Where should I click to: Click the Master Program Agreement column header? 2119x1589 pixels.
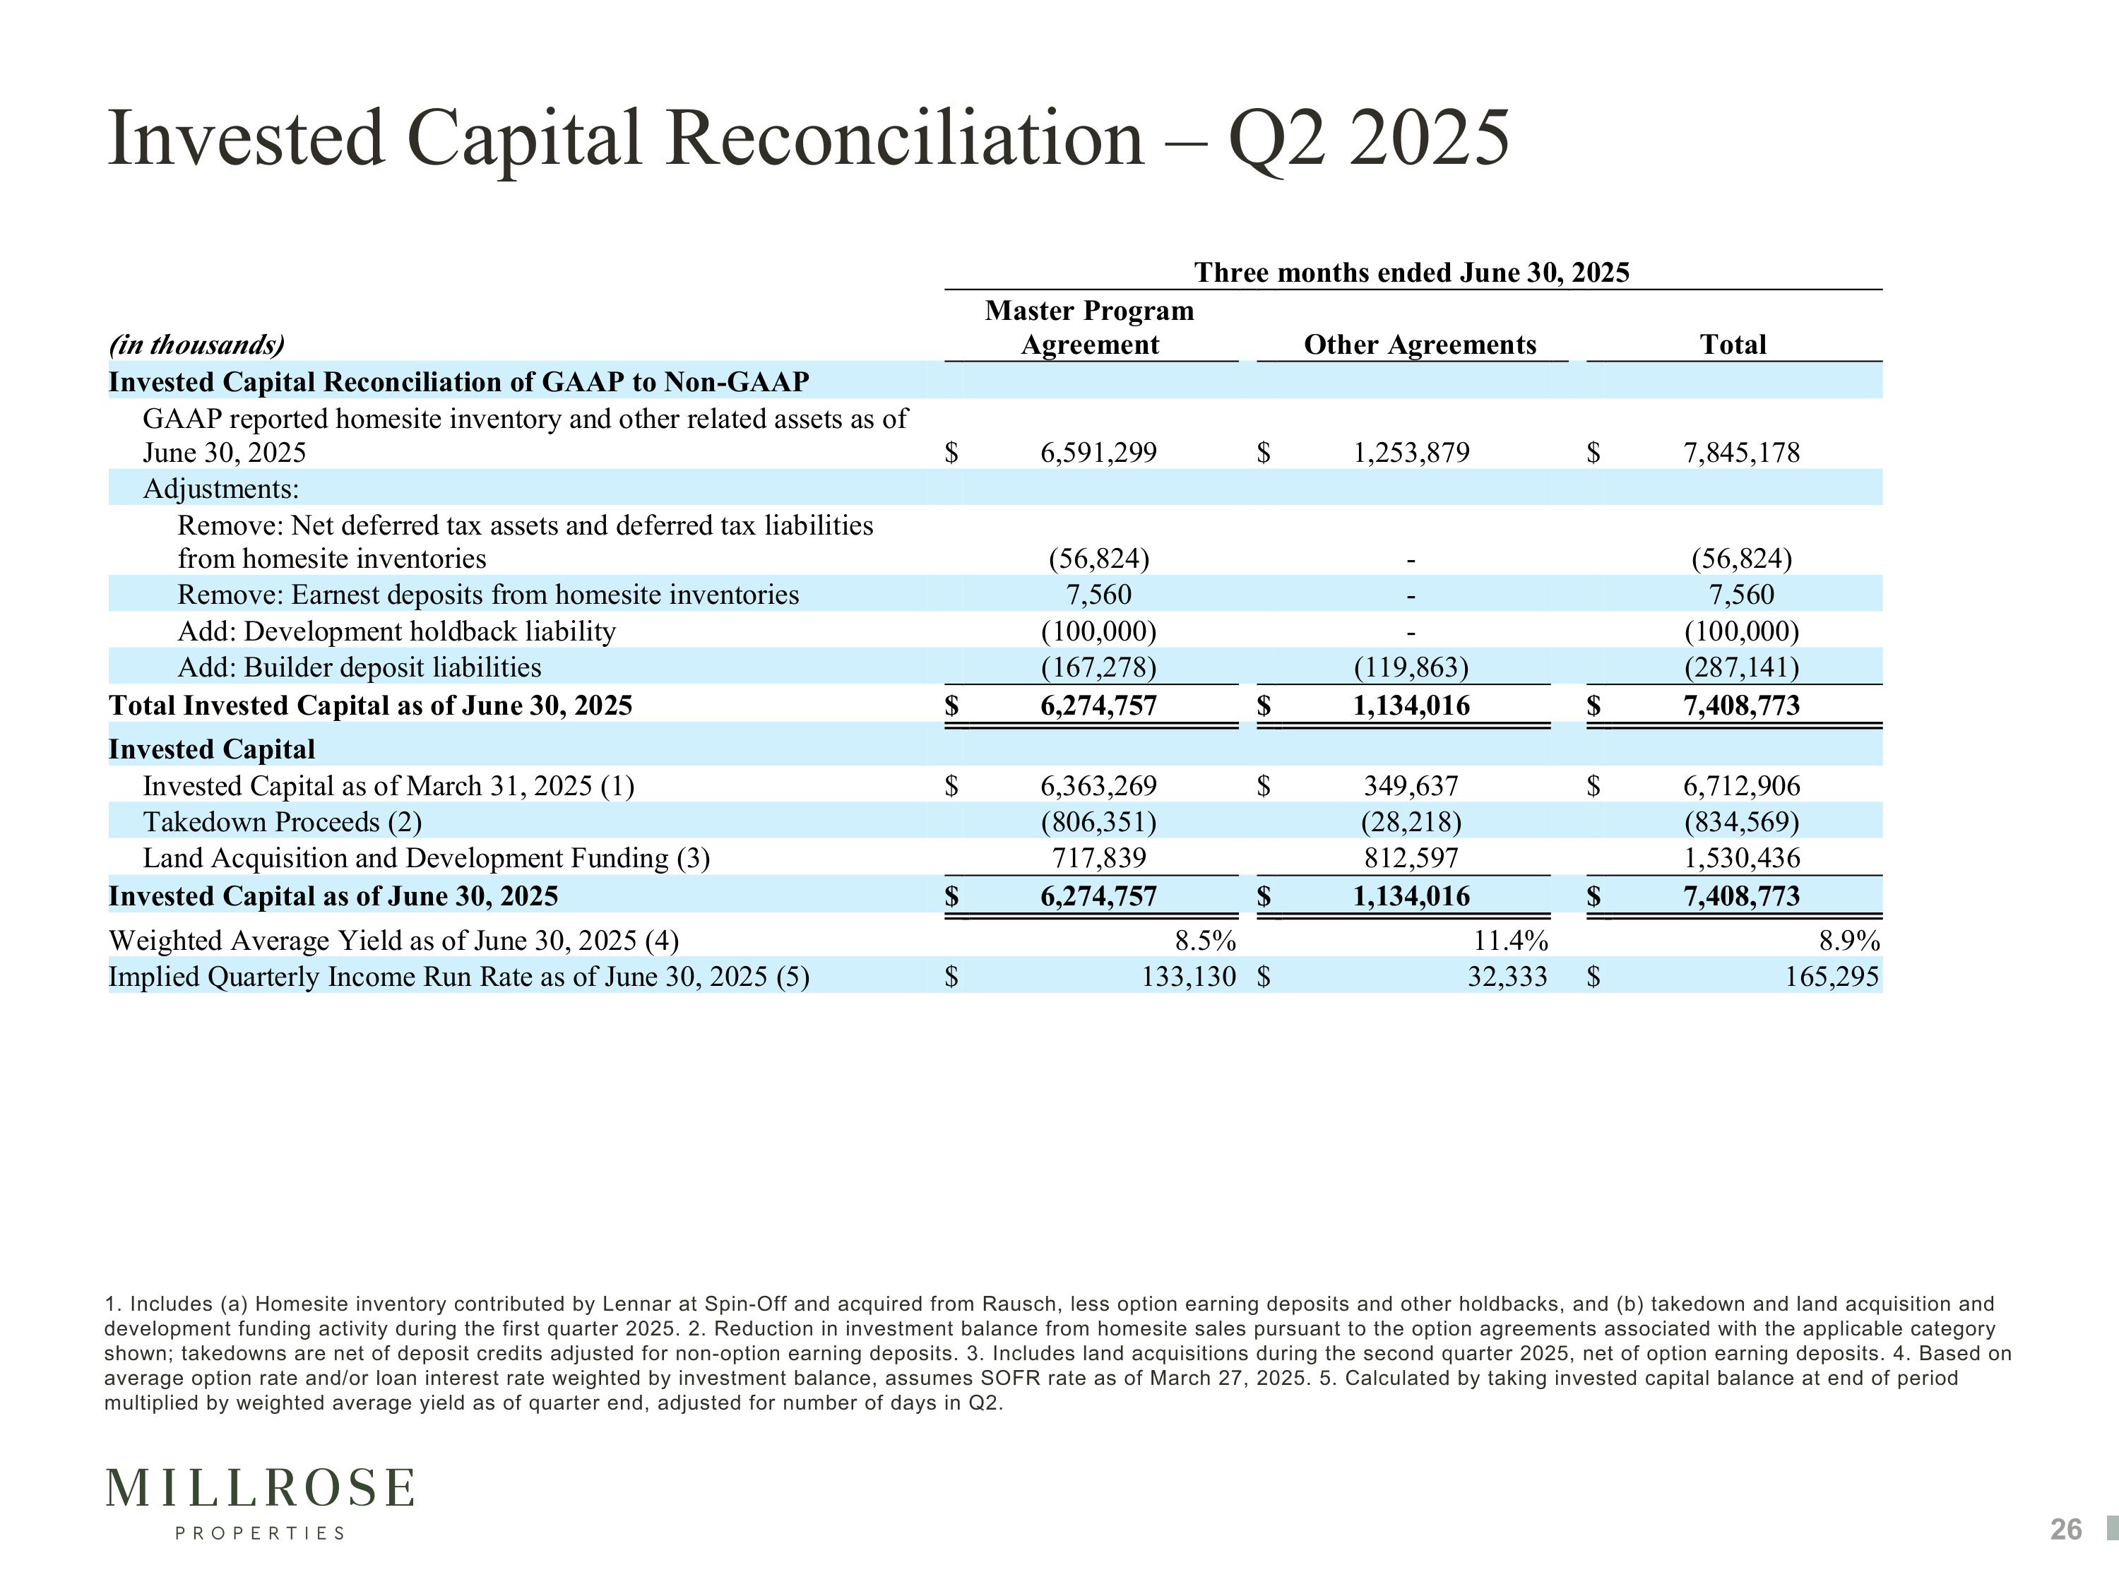click(x=1090, y=328)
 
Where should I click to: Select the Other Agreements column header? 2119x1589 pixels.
click(x=1420, y=345)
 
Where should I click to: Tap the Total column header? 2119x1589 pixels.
click(x=1733, y=345)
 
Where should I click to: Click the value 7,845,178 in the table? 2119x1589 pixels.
click(x=1742, y=452)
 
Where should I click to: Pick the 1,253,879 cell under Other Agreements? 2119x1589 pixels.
click(x=1411, y=452)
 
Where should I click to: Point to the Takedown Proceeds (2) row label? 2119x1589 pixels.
click(x=283, y=822)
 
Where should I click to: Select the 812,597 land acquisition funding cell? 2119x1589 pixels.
click(x=1411, y=857)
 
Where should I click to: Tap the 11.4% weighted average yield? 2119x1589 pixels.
click(x=1511, y=941)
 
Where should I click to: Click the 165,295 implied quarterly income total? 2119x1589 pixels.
click(x=1832, y=977)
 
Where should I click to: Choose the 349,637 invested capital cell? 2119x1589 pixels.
click(x=1411, y=786)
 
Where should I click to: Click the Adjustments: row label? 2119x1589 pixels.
click(x=221, y=489)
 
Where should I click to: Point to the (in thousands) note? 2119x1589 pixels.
click(x=196, y=345)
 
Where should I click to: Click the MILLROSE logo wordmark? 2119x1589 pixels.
click(x=261, y=1489)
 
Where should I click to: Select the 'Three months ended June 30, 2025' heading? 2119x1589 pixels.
click(x=1412, y=273)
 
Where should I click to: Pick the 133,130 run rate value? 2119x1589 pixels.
click(x=1189, y=977)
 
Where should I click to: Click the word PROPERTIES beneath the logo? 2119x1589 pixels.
click(x=260, y=1533)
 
